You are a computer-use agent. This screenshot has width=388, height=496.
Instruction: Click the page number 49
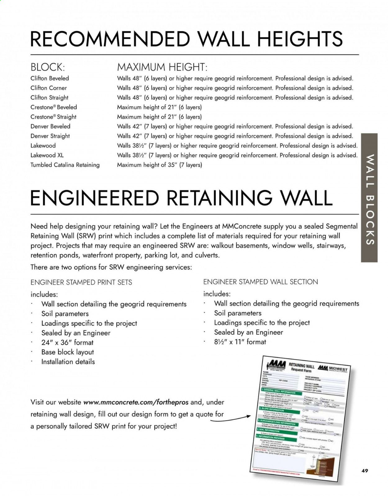pos(365,471)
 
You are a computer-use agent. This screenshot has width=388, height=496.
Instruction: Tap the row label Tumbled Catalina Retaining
pos(65,165)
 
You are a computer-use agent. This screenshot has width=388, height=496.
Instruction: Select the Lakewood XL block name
pos(47,155)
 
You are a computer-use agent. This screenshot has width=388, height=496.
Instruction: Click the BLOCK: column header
pos(47,67)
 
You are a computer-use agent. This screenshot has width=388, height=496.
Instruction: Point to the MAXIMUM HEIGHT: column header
pos(162,67)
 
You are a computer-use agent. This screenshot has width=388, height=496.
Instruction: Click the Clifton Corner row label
pos(48,88)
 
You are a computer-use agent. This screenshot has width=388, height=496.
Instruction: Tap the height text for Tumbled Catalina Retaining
pos(159,165)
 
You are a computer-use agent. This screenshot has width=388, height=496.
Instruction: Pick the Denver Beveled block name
pos(50,127)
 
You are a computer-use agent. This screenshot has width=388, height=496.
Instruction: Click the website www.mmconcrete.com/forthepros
pos(136,402)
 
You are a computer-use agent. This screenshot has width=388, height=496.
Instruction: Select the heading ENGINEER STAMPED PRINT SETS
pos(81,282)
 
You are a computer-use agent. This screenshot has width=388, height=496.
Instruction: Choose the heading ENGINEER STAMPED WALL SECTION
pos(260,282)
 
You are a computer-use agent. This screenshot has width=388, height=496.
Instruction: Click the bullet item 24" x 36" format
pos(67,342)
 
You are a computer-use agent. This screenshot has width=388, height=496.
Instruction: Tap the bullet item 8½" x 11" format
pos(240,342)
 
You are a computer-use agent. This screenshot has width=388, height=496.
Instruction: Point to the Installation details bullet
pos(68,362)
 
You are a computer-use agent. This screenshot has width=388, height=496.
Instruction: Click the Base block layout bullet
pos(67,352)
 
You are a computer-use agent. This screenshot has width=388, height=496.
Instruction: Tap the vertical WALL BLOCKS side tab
pos(369,198)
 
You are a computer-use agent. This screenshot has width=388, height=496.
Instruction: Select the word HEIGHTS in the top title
pos(300,39)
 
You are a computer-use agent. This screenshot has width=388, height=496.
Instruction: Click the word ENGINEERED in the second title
pos(94,198)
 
